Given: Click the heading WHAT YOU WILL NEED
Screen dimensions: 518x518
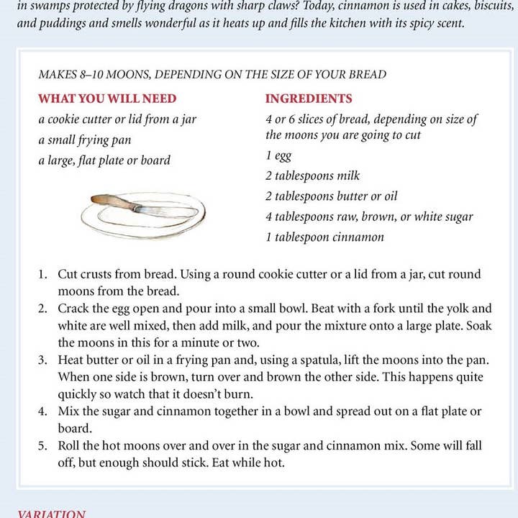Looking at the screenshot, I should [107, 99].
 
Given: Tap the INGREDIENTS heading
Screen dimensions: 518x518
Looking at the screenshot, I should [309, 99].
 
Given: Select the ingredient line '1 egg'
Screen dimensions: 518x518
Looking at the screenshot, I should [278, 155].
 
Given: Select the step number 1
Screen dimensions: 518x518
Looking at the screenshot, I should [43, 275].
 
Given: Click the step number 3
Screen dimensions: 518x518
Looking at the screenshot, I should [43, 359].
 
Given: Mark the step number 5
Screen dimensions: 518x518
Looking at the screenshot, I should [43, 445].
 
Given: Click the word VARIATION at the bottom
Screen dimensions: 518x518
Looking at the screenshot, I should [51, 514].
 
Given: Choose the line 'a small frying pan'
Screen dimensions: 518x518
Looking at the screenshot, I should [85, 140].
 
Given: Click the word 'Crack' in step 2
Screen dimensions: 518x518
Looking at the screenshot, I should [74, 309].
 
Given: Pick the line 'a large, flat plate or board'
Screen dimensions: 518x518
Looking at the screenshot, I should [104, 160].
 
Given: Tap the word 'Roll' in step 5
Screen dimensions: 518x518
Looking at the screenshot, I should [71, 445].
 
